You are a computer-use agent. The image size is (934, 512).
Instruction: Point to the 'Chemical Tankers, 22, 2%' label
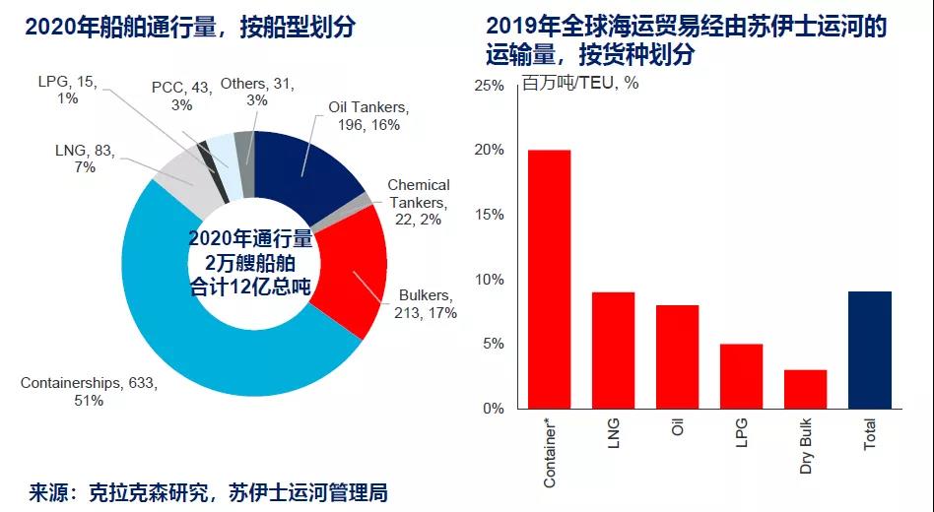click(418, 202)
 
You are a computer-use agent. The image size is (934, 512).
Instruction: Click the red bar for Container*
click(549, 279)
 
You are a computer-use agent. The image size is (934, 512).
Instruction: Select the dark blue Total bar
click(869, 350)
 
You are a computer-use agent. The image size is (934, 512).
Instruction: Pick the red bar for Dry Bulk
click(805, 389)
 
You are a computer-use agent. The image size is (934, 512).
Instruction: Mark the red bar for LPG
click(741, 376)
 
